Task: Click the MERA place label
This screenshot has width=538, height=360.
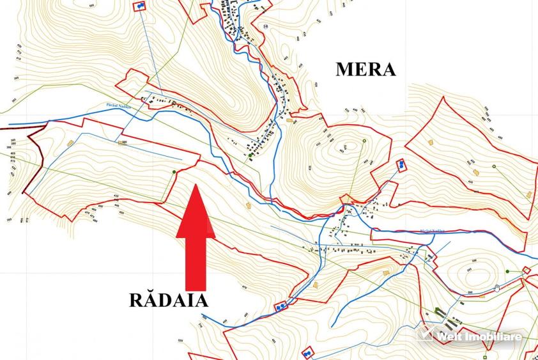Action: tap(365, 69)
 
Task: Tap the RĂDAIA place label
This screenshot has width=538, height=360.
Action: tap(169, 300)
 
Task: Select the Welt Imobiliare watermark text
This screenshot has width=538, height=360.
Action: tap(479, 336)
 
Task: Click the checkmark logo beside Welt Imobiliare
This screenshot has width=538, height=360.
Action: tap(426, 334)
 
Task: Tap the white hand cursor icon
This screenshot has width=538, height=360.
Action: tap(497, 288)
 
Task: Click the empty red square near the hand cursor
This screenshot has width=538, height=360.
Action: tap(526, 270)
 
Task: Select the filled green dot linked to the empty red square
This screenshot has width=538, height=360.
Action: tap(507, 272)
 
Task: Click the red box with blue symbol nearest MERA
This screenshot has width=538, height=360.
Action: tap(401, 164)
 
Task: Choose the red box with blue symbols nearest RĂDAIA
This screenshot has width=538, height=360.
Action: tap(281, 307)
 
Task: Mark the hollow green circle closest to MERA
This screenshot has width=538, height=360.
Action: tap(364, 141)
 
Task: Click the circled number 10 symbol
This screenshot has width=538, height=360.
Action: tap(265, 26)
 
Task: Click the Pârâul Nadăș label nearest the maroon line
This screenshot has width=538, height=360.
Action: tap(118, 107)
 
